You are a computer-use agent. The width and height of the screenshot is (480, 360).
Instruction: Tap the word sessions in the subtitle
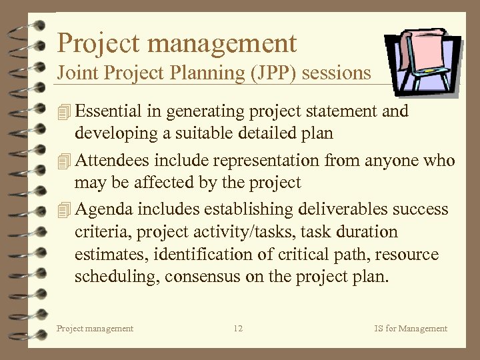click(x=337, y=73)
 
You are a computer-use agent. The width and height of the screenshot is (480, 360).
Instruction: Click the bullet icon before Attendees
click(x=63, y=161)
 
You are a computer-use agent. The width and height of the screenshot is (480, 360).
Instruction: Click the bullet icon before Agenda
click(x=63, y=209)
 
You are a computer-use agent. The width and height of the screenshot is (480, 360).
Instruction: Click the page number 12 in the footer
click(x=238, y=328)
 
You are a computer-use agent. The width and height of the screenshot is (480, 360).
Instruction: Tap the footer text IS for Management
click(x=411, y=328)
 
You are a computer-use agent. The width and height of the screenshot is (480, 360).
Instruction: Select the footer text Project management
click(x=95, y=328)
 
